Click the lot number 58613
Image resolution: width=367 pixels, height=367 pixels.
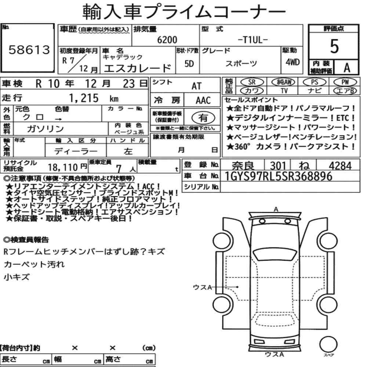coord(29,50)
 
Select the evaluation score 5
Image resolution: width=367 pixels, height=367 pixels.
coord(334,46)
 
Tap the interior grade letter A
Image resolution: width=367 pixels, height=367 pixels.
coord(347,68)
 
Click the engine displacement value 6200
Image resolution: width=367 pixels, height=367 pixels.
coord(167,40)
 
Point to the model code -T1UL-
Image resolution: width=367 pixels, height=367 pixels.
coord(253,40)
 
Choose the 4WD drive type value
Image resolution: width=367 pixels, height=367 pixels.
coord(292,62)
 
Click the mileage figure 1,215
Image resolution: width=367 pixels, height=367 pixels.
coord(84,98)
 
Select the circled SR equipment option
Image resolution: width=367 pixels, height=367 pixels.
coord(252,82)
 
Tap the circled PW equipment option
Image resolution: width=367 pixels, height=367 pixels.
coord(345,82)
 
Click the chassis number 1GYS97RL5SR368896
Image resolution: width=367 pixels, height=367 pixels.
coord(278,176)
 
